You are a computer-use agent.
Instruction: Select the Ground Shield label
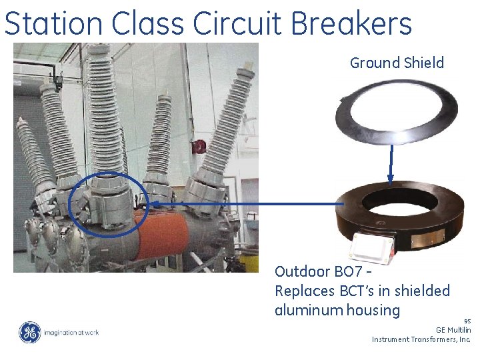point(397,63)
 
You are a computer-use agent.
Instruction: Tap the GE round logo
point(29,332)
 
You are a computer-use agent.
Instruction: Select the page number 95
point(467,321)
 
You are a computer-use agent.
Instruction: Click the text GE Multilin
point(453,330)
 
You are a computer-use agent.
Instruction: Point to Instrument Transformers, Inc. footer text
point(421,339)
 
